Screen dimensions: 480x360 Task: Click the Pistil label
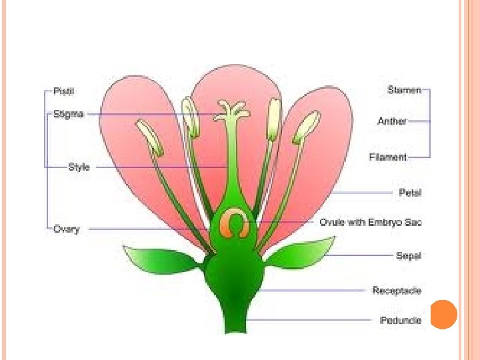tap(63, 89)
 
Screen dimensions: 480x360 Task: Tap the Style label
tap(79, 167)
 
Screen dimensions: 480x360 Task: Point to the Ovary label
tap(67, 229)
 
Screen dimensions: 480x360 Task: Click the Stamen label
tap(405, 89)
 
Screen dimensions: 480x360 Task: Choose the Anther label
tap(392, 121)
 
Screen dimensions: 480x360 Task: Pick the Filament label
tap(387, 157)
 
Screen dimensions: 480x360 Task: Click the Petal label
tap(410, 193)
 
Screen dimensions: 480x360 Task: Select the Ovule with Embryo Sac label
tap(370, 222)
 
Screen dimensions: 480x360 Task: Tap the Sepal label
tap(409, 255)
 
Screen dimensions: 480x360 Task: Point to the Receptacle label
tap(397, 290)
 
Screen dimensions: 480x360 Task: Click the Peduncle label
tap(400, 320)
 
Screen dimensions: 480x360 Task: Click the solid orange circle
tap(443, 314)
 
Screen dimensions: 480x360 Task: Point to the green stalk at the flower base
tap(235, 320)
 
